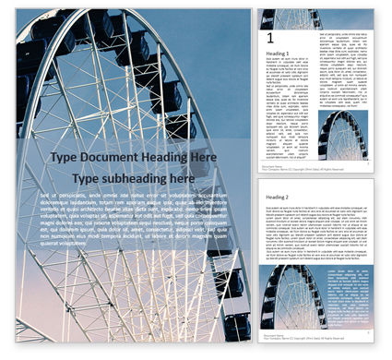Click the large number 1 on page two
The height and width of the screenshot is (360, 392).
point(269,38)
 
